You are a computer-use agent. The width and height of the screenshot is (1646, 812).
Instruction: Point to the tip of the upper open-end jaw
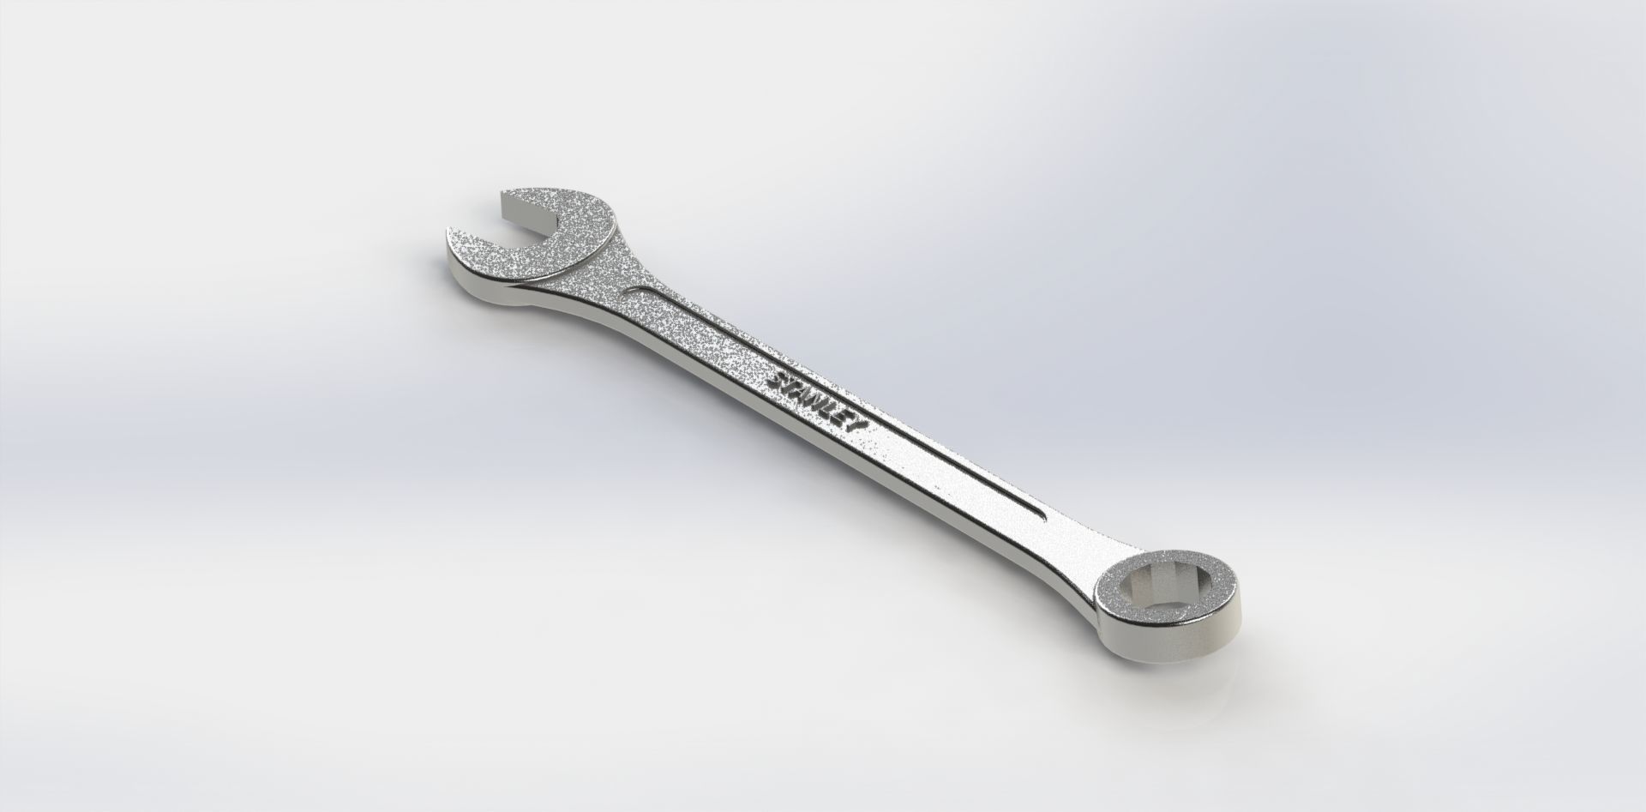(506, 195)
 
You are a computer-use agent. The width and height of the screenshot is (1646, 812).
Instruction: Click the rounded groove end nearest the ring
(1039, 515)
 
